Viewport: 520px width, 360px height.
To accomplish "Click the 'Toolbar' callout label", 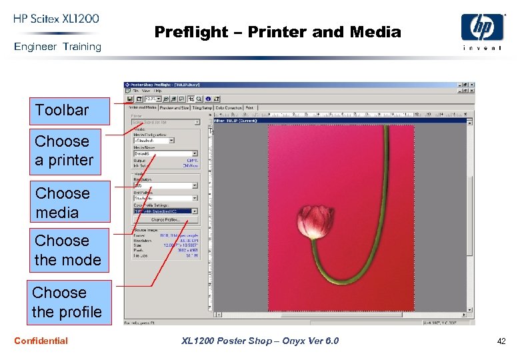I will [62, 110].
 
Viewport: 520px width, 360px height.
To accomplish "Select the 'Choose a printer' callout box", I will [64, 151].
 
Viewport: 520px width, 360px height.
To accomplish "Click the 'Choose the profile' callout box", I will [67, 302].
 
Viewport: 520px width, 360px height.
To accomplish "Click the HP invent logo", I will [482, 31].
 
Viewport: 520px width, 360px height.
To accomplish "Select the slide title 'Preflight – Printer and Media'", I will [277, 32].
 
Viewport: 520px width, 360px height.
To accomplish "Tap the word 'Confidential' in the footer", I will [41, 341].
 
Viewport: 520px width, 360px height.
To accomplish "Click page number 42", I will [501, 341].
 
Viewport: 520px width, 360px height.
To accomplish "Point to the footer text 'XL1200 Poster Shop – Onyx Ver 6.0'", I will [260, 341].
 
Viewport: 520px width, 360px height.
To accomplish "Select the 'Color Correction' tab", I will [229, 107].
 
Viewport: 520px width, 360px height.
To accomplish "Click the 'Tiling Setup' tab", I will [203, 107].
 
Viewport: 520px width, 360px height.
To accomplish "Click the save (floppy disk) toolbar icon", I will [129, 98].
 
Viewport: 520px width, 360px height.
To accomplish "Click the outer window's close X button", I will [472, 85].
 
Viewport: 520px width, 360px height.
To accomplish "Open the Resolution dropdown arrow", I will [195, 185].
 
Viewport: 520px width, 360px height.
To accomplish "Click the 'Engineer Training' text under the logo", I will [58, 47].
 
